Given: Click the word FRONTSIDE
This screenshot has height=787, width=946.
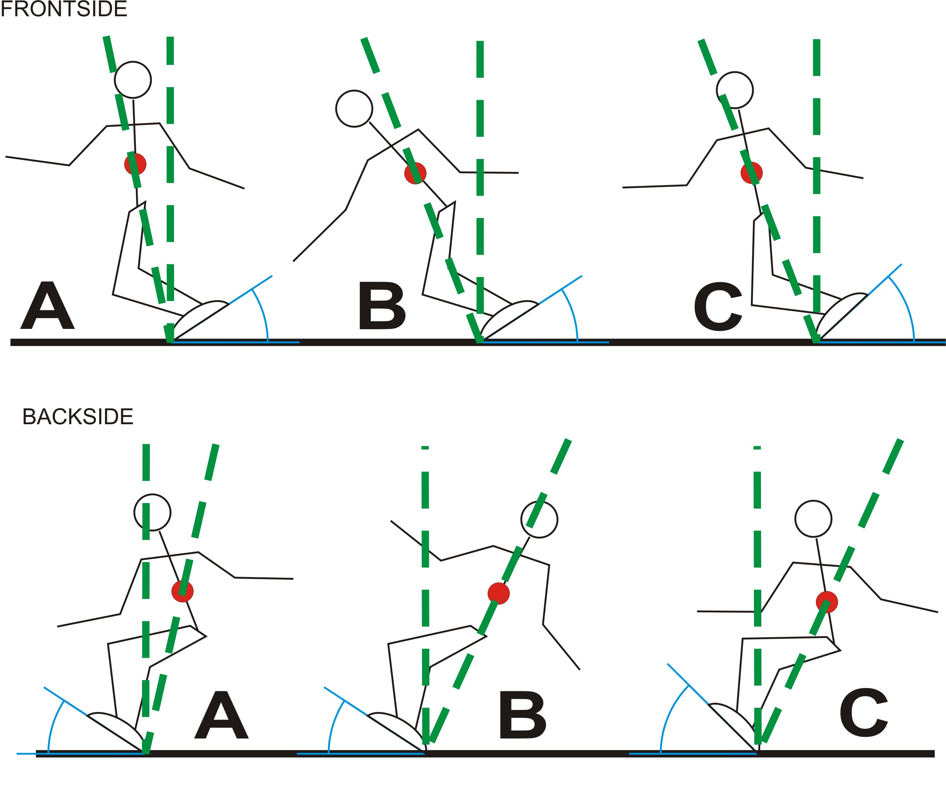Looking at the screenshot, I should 64,9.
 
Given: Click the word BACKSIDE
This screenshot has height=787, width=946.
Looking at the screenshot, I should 77,417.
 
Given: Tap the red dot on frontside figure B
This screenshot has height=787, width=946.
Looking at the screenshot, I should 415,173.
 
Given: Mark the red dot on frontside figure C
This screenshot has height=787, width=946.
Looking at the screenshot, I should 751,172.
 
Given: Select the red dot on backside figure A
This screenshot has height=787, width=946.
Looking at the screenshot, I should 182,591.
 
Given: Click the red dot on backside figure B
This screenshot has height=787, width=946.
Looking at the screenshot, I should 499,593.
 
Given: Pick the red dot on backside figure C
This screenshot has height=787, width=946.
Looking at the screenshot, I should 827,602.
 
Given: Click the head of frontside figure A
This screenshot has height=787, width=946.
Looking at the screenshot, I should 133,80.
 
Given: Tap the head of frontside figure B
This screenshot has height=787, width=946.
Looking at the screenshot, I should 354,109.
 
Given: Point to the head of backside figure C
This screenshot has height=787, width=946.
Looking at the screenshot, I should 813,519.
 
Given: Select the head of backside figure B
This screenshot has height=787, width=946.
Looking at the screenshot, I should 539,520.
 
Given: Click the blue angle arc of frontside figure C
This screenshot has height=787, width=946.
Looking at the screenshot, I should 906,306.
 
